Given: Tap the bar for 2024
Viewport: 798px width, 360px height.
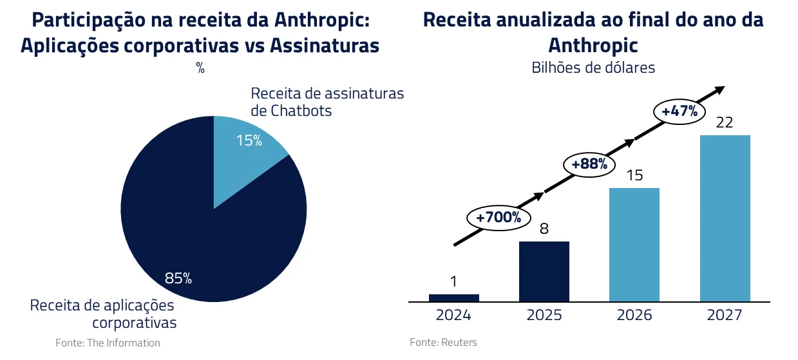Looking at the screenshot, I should [x=453, y=298].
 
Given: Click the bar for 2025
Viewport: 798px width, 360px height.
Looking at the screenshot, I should [x=544, y=271].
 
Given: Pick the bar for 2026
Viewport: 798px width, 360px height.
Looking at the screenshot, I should [x=634, y=245].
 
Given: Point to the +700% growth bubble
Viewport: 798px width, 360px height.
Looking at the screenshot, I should [x=499, y=217].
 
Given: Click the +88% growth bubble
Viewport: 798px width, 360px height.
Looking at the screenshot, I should [x=589, y=164].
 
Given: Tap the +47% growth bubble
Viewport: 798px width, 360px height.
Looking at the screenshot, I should [x=679, y=111].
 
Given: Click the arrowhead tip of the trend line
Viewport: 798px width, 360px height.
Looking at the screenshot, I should [x=723, y=88].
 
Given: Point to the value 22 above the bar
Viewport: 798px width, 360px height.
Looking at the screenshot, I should [x=725, y=122].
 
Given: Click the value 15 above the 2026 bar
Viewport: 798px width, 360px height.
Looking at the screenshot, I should [x=634, y=175].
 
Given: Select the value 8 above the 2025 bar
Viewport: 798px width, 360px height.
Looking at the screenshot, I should [x=544, y=229].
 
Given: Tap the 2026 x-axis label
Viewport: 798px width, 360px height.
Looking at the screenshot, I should [x=634, y=316].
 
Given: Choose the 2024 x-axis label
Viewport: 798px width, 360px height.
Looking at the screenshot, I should [x=453, y=316].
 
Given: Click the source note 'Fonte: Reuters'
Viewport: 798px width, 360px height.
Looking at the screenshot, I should [x=443, y=342].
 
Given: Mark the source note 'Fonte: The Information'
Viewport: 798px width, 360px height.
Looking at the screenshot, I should [x=108, y=343].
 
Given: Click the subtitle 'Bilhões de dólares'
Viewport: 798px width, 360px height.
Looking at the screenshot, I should [x=593, y=67].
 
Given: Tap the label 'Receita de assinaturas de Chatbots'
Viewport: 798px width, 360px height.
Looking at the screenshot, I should [x=327, y=102].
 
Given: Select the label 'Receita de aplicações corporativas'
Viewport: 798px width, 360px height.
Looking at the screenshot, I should [x=103, y=313].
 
